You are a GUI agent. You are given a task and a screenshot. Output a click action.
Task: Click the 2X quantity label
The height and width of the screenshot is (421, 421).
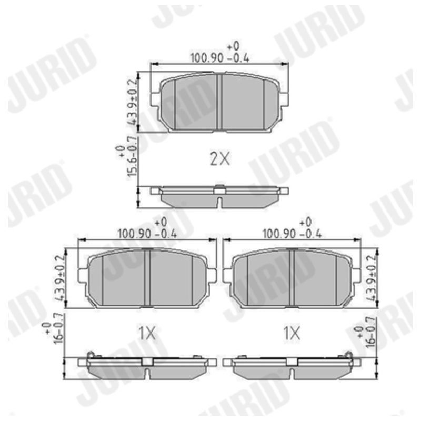(219, 159)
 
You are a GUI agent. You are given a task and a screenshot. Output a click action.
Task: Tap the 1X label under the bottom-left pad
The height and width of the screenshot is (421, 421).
(147, 334)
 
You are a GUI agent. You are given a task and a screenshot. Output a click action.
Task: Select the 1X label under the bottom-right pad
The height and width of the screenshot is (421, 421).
(292, 334)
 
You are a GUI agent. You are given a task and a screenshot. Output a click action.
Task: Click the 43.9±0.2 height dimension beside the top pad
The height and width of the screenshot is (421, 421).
(133, 102)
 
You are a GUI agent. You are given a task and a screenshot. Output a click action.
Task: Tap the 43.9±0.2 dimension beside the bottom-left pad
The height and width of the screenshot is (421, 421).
(60, 278)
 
